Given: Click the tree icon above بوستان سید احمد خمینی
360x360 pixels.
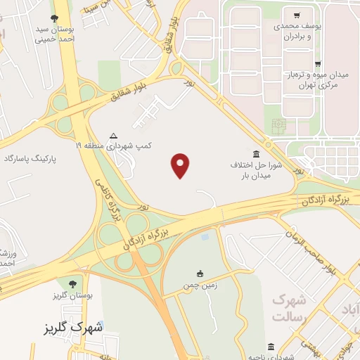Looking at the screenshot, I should pyautogui.click(x=55, y=19).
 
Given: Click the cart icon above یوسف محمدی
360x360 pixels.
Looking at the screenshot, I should pyautogui.click(x=297, y=15).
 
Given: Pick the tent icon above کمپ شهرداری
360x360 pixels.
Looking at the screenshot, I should pyautogui.click(x=114, y=136).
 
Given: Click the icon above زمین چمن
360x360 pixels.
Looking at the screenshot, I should pyautogui.click(x=200, y=274).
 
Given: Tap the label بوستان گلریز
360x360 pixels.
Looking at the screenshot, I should pyautogui.click(x=72, y=297).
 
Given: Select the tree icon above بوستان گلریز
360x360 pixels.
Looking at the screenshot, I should pyautogui.click(x=72, y=284).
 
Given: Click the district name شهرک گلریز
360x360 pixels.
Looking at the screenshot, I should pyautogui.click(x=78, y=327).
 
